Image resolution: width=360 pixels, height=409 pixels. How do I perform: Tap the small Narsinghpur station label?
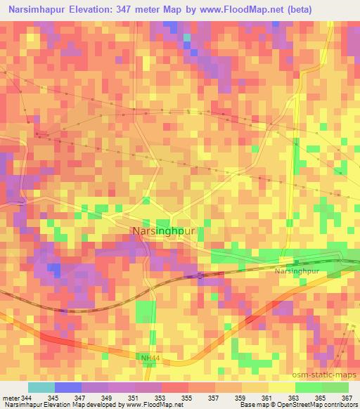[x=297, y=270]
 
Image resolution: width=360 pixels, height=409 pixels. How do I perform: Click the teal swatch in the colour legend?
[x=41, y=388]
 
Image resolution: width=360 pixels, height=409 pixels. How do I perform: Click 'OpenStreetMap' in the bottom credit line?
[x=292, y=405]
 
